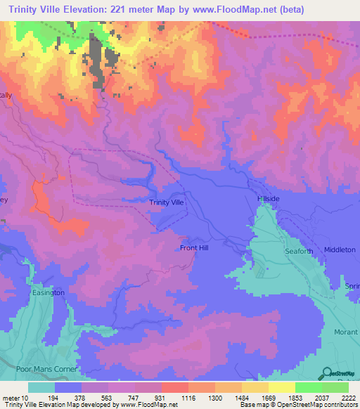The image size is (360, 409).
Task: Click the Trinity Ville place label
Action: [167, 202]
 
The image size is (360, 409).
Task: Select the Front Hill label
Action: [194, 248]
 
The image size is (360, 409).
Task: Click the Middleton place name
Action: [340, 249]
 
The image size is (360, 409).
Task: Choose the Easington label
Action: [49, 292]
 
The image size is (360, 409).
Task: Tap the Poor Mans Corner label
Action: [41, 368]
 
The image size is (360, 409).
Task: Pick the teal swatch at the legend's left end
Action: [41, 387]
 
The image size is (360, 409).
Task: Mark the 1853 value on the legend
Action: [295, 397]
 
